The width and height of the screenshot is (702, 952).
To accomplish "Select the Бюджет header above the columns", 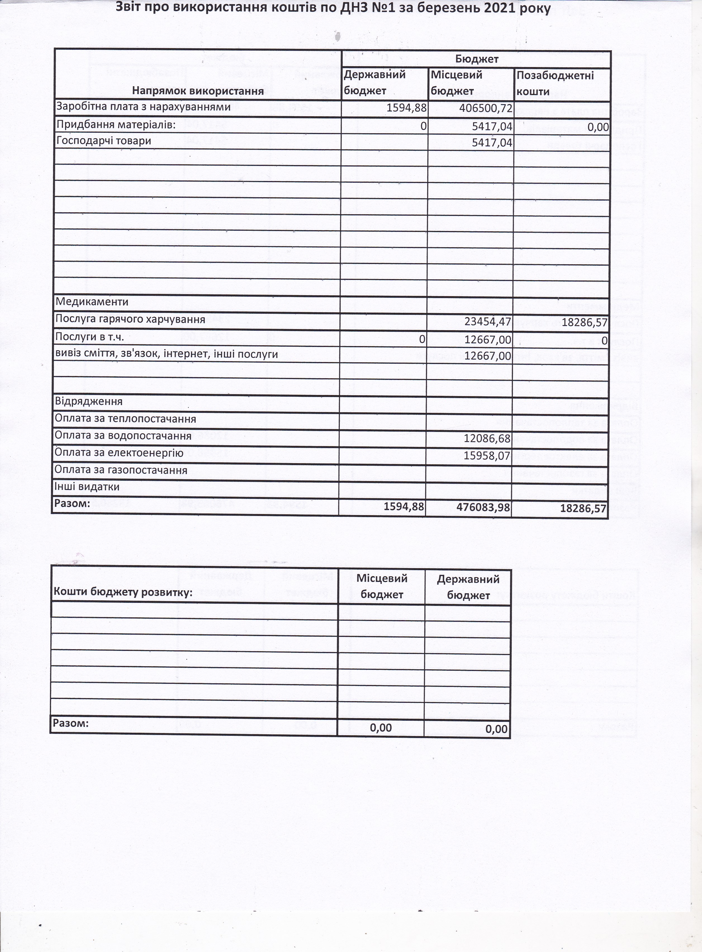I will tap(477, 59).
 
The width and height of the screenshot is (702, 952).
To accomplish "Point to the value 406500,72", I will tap(486, 108).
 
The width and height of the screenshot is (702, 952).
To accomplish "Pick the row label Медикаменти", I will tap(92, 302).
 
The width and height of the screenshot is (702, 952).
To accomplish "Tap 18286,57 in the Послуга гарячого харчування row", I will tap(584, 322).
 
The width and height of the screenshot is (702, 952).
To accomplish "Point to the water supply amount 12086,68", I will tap(487, 438).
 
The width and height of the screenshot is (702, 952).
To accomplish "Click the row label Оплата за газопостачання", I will tap(121, 470).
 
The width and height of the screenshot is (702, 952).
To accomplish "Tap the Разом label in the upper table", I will tap(72, 504).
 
